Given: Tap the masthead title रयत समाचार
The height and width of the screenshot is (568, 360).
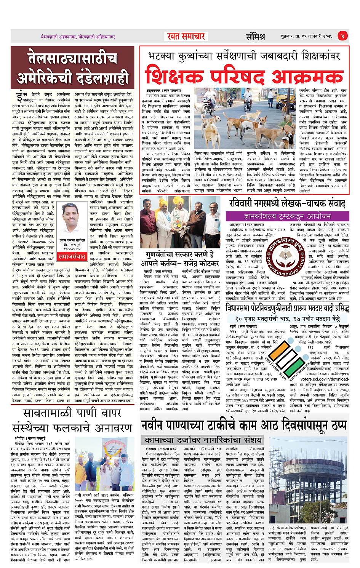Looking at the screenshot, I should click(186, 37).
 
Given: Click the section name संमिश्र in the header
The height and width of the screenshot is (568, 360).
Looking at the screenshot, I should click(255, 37).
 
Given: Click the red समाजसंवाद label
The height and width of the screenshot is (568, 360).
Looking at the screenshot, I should click(72, 257).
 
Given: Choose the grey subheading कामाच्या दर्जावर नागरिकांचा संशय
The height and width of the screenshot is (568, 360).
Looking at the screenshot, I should click(203, 440).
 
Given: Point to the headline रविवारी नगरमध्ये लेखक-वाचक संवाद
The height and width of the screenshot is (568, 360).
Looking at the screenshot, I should click(287, 203).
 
